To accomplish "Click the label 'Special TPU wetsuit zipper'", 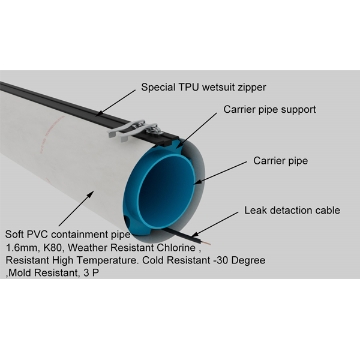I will click(x=203, y=87).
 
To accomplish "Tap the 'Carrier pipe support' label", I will click(x=269, y=110).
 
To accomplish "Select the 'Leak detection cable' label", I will click(x=292, y=210).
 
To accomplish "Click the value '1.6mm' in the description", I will click(x=19, y=247).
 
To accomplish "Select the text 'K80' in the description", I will click(x=49, y=247).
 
